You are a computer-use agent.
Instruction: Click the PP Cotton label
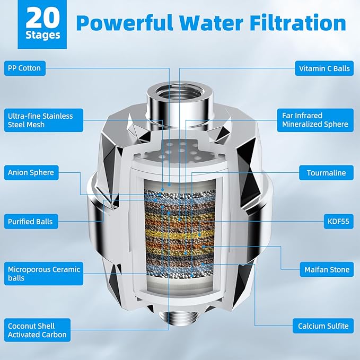[x=24, y=68]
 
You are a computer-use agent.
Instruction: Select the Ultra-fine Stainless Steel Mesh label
[x=40, y=120]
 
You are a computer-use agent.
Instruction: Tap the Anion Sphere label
[x=31, y=172]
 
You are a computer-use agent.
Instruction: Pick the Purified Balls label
[x=30, y=221]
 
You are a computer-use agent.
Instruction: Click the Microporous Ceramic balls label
[x=43, y=274]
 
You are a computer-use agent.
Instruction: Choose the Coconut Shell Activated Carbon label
[x=37, y=330]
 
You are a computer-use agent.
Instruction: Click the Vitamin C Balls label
[x=324, y=68]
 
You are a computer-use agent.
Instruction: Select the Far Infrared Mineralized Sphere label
[x=315, y=120]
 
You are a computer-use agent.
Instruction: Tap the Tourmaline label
[x=326, y=173]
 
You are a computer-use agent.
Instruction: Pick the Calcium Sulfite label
[x=323, y=326]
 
